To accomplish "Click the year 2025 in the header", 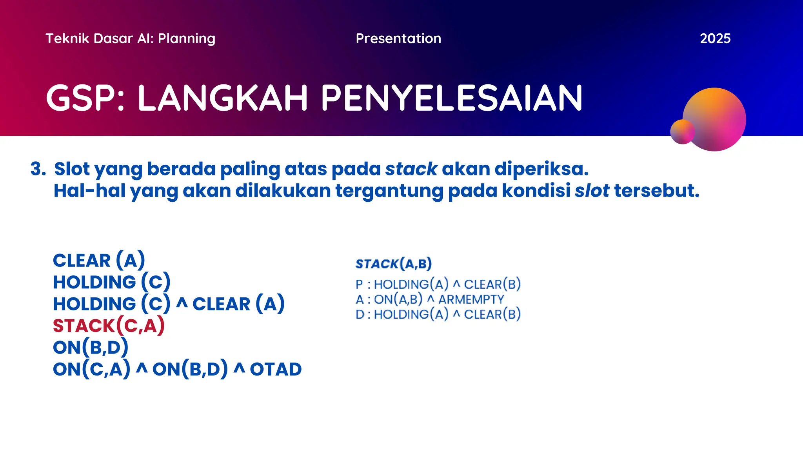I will (715, 38).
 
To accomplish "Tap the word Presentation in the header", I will (398, 38).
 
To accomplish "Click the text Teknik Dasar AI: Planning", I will (130, 38).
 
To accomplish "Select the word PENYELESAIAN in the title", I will (452, 98).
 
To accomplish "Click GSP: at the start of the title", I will (85, 98).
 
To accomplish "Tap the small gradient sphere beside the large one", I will (682, 132).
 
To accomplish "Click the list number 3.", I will (38, 169).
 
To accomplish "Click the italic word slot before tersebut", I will (592, 191).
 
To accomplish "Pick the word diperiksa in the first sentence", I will (541, 169).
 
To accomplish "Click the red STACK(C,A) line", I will (109, 326).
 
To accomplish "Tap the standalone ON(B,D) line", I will (91, 347).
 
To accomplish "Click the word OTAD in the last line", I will (276, 369).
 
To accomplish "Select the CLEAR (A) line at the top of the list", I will (99, 261).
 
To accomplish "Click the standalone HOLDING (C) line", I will (111, 282).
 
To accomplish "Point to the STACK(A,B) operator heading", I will (393, 264).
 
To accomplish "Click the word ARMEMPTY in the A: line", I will (471, 299).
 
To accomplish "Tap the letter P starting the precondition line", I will (359, 284).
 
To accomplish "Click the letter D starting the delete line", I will (360, 314).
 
